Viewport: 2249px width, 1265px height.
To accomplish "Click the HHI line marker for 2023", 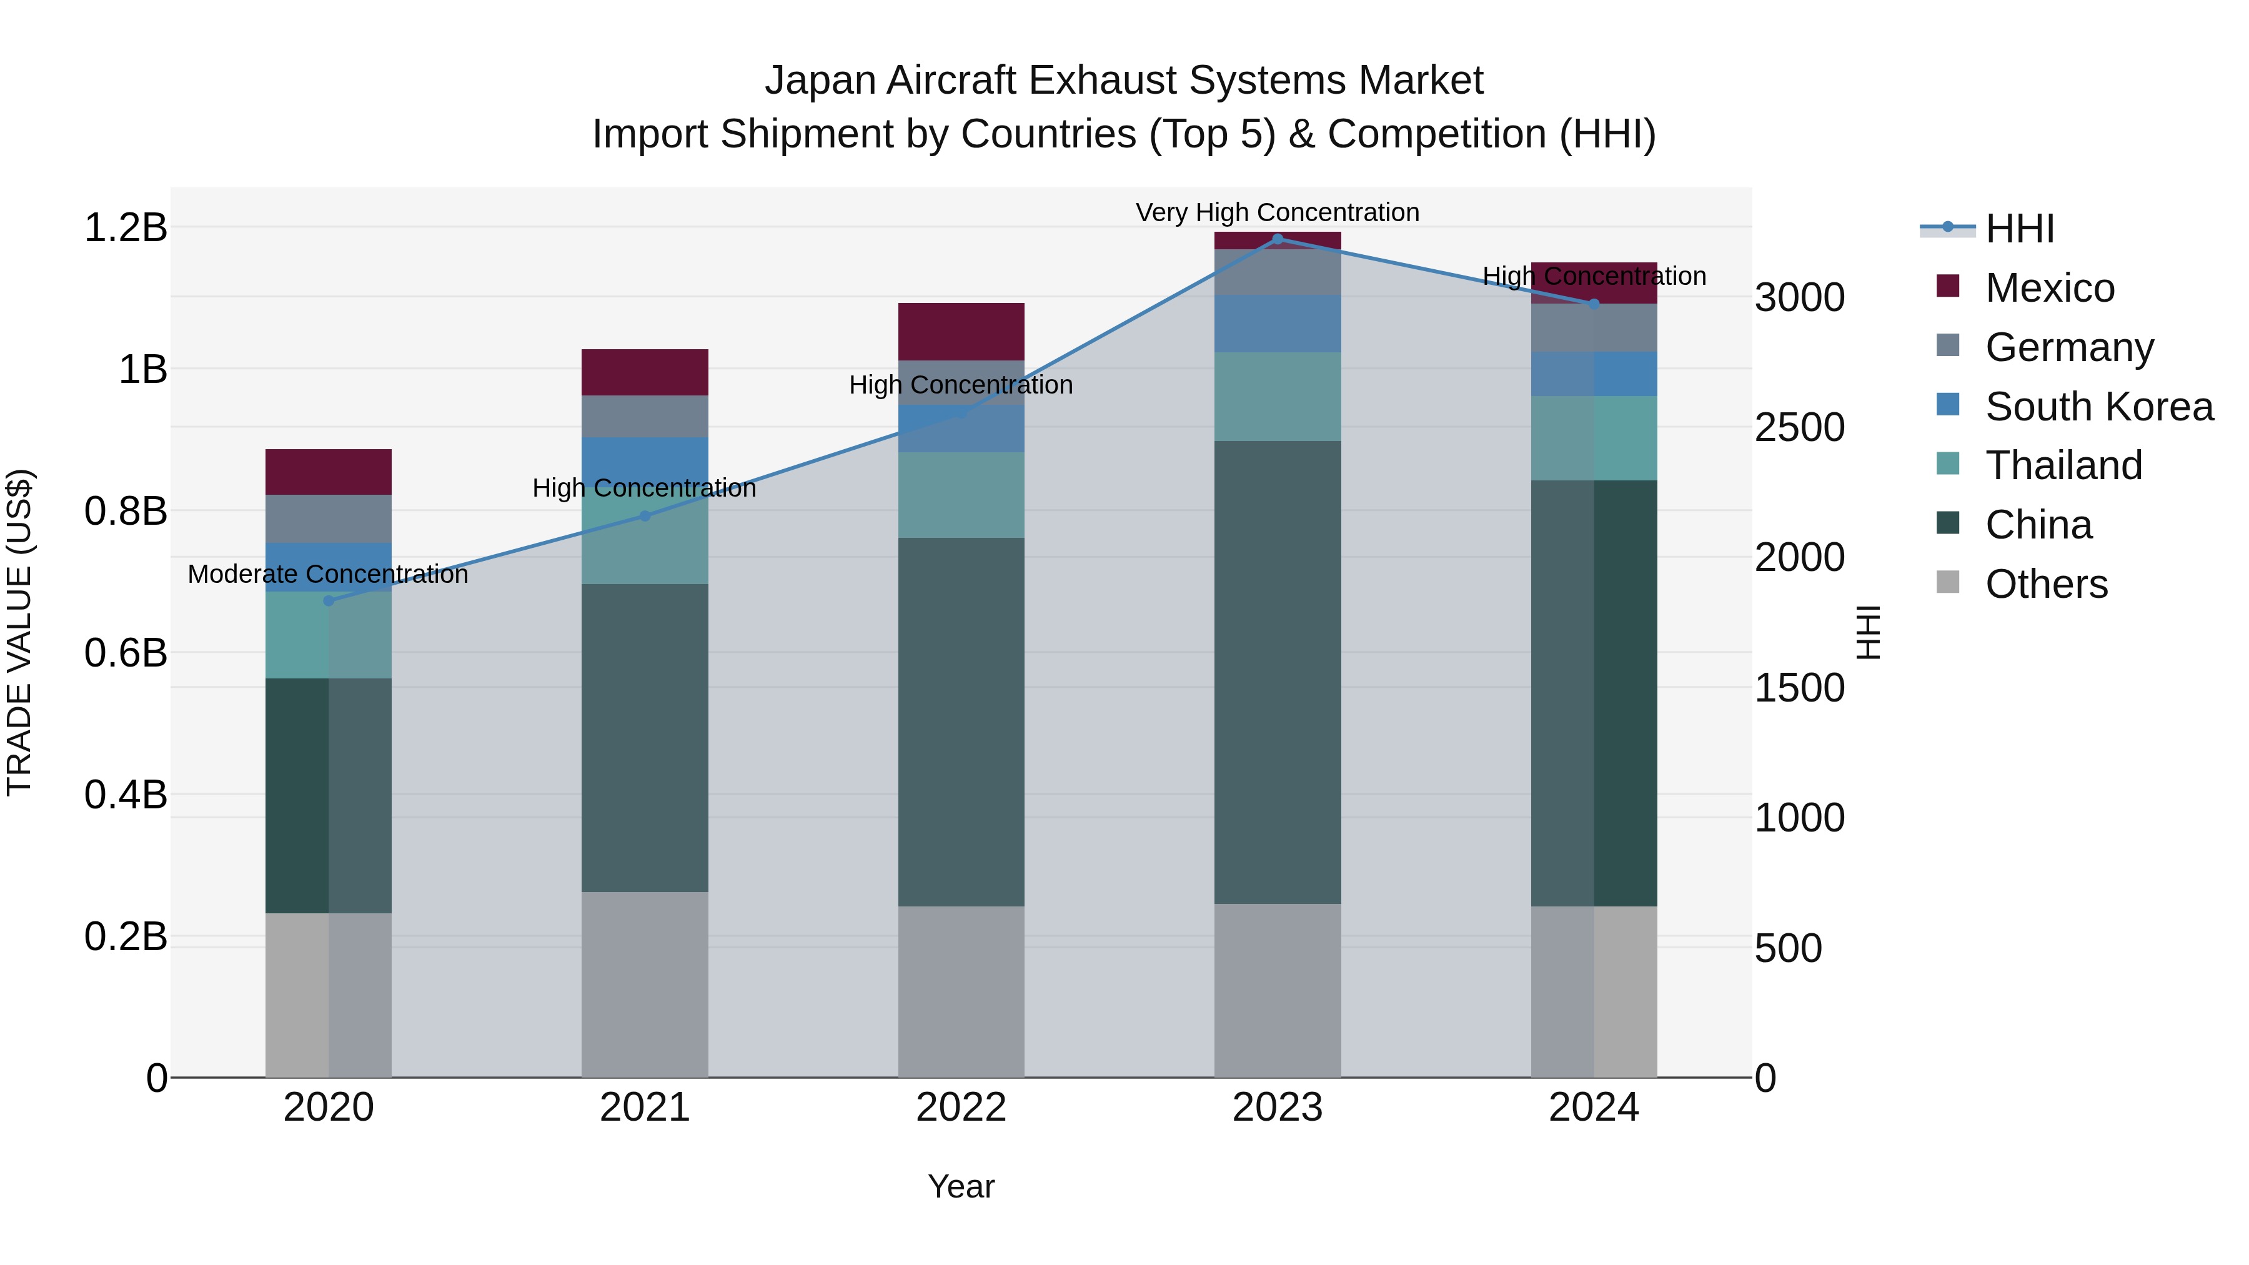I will coord(1278,239).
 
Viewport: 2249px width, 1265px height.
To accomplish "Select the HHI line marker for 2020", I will coord(328,600).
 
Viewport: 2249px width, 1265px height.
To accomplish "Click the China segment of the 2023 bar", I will coord(1278,672).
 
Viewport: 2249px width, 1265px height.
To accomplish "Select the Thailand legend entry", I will coord(2063,465).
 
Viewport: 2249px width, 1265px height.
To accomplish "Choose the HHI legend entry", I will coord(2019,229).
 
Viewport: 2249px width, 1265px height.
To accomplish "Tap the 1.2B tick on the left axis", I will coord(125,228).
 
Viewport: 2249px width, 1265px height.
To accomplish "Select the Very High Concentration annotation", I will coord(1278,212).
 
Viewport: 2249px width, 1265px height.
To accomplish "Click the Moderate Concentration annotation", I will coord(328,575).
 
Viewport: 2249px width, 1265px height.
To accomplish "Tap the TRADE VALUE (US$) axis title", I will coord(19,632).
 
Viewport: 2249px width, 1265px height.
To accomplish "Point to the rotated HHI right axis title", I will coord(1867,632).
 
